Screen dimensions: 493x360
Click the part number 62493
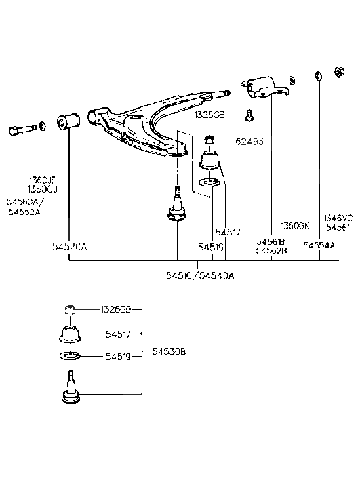[x=249, y=142]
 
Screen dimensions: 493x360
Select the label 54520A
[x=70, y=247]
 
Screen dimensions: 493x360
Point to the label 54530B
[x=169, y=351]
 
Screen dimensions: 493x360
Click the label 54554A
[x=319, y=245]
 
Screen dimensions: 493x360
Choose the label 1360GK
[x=295, y=225]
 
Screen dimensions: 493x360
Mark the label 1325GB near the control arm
[x=209, y=115]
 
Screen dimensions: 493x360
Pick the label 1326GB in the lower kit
[x=116, y=310]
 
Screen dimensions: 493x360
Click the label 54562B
[x=271, y=250]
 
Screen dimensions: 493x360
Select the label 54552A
[x=24, y=212]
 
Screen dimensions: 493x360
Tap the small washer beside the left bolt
[x=42, y=125]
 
